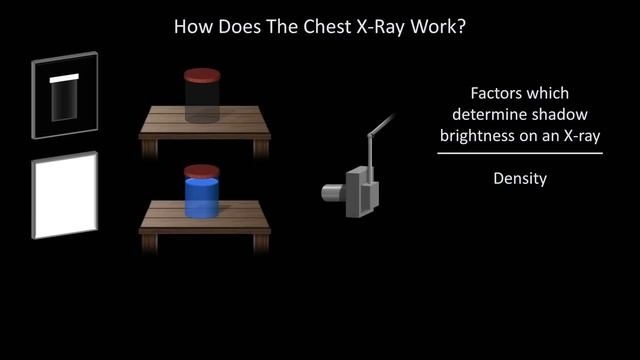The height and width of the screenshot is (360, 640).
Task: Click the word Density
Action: (x=520, y=180)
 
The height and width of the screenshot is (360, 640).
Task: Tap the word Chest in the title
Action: (x=331, y=26)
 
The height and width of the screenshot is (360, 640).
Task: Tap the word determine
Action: (x=485, y=113)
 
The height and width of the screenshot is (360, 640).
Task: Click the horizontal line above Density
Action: (x=520, y=153)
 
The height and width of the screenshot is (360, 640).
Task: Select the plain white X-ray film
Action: (x=65, y=197)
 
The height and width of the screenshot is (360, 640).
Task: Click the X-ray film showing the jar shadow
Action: (x=65, y=96)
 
